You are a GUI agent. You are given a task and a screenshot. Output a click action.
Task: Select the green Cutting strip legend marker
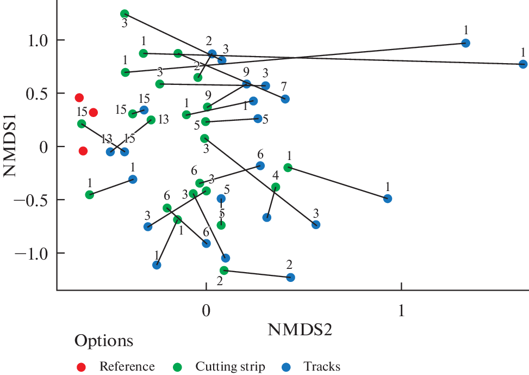tap(178, 367)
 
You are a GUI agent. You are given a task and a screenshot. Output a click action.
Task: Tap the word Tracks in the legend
tap(322, 367)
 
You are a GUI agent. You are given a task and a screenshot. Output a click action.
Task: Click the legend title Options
tap(104, 341)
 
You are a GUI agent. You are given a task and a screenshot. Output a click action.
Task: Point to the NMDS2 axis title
tap(300, 329)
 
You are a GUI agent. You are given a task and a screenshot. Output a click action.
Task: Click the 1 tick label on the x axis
tap(401, 310)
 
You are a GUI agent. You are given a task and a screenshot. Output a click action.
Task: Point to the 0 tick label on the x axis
tap(206, 310)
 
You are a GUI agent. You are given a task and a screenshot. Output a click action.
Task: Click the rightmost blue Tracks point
tap(523, 64)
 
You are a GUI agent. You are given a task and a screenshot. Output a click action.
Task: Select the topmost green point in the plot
tap(125, 14)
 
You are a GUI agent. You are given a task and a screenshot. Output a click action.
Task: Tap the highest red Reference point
tap(79, 98)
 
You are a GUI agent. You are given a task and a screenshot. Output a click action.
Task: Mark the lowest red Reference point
tap(83, 151)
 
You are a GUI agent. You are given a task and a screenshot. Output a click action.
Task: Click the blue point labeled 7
tap(285, 99)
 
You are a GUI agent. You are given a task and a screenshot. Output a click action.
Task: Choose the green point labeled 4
tap(276, 187)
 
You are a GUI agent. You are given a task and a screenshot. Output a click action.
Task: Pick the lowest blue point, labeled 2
tap(290, 278)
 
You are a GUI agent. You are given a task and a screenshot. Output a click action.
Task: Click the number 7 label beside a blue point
tap(284, 87)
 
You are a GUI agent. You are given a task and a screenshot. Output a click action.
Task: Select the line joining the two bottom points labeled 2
tap(257, 274)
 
